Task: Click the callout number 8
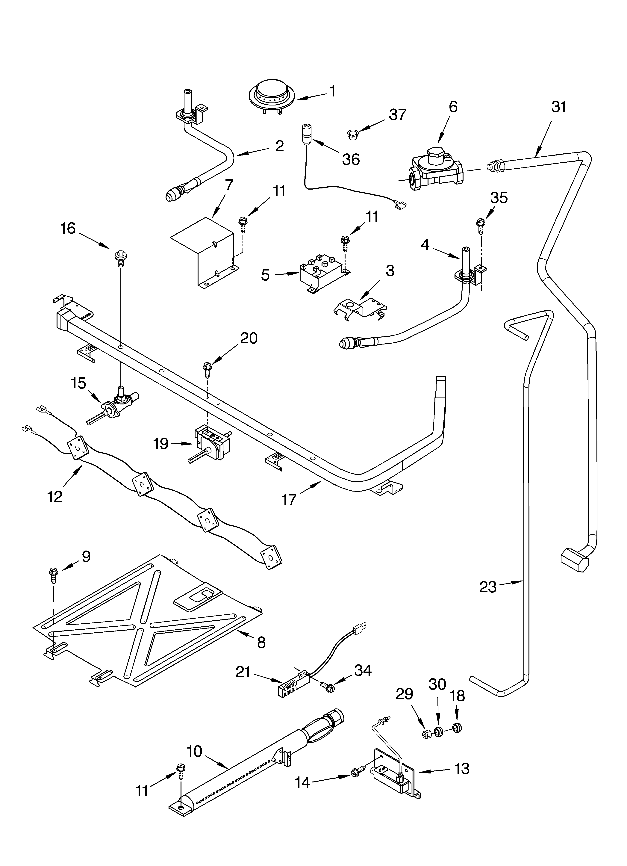[x=261, y=642]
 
